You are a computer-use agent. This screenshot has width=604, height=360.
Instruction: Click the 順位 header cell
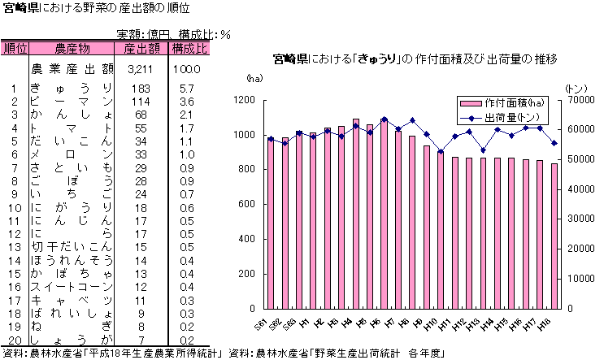[x=15, y=49]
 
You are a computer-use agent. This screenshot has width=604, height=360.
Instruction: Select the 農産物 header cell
[x=72, y=49]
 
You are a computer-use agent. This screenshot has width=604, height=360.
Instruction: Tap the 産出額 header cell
[x=141, y=49]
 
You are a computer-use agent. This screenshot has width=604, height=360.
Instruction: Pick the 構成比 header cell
[x=189, y=49]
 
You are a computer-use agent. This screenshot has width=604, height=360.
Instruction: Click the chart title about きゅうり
[x=415, y=59]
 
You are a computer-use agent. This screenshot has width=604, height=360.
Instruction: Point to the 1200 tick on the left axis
[x=244, y=100]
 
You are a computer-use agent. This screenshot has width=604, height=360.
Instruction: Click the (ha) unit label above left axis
[x=254, y=78]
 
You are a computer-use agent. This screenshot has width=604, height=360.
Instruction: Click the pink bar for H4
[x=356, y=214]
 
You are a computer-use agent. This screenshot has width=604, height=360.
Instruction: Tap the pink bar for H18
[x=554, y=236]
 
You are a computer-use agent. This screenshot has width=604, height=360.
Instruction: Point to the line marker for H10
[x=441, y=152]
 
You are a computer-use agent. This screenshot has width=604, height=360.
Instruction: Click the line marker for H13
[x=483, y=150]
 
